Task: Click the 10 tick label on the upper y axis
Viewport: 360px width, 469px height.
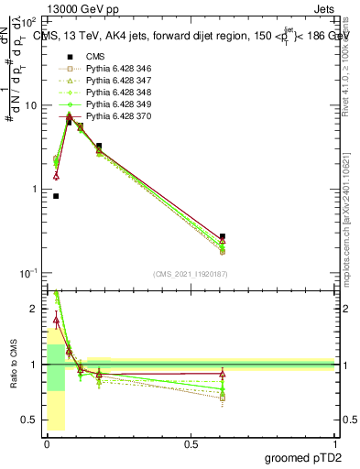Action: pos(30,105)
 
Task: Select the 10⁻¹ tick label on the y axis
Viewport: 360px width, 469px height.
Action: pos(27,273)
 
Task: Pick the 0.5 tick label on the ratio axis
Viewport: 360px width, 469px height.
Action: pos(29,420)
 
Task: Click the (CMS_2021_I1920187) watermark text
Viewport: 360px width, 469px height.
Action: pos(191,274)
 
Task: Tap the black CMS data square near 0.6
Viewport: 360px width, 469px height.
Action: pos(223,236)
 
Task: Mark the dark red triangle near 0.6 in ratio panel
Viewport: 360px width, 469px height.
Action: pos(223,374)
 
